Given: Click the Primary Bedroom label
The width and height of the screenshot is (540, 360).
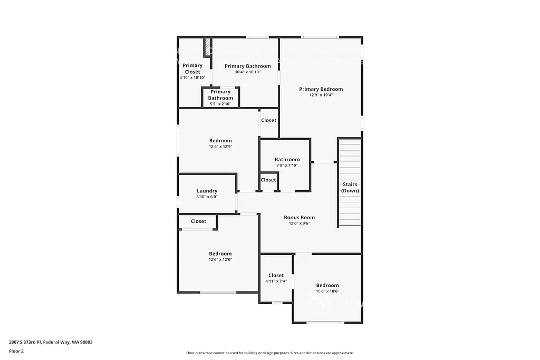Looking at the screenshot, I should click(x=321, y=89).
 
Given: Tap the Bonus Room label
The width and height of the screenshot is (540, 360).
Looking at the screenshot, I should click(x=299, y=217).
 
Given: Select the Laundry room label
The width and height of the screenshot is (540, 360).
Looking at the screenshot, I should click(x=207, y=191).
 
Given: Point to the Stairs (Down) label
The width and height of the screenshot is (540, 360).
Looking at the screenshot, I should click(x=350, y=187).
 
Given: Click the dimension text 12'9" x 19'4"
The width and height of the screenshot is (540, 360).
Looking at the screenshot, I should click(x=321, y=95).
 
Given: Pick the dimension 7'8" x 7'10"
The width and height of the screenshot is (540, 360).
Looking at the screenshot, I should click(x=287, y=166).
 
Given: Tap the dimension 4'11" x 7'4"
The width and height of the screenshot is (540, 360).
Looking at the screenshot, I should click(x=276, y=281).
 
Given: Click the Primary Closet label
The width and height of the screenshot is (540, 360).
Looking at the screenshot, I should click(x=192, y=69).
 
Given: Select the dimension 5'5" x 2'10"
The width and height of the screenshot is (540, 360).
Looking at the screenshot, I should click(x=220, y=104).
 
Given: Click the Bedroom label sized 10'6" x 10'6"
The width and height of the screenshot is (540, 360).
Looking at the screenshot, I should click(x=327, y=285).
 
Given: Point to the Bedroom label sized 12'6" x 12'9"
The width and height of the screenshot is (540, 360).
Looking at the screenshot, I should click(x=220, y=141).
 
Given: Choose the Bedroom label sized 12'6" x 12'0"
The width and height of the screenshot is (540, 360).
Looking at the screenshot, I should click(x=220, y=254).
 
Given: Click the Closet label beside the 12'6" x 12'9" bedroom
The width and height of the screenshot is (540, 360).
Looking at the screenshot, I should click(x=268, y=120).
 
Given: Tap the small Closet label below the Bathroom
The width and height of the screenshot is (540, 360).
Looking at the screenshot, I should click(x=268, y=180).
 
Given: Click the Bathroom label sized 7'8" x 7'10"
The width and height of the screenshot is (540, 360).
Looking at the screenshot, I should click(x=287, y=159).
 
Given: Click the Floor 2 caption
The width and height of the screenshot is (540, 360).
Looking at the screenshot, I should click(x=16, y=351).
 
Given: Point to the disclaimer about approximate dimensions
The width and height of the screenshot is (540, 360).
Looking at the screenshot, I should click(x=269, y=353).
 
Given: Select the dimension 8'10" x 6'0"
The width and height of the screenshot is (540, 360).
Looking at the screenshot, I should click(x=207, y=197).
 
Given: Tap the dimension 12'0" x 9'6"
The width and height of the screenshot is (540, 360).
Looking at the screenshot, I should click(x=299, y=223).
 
